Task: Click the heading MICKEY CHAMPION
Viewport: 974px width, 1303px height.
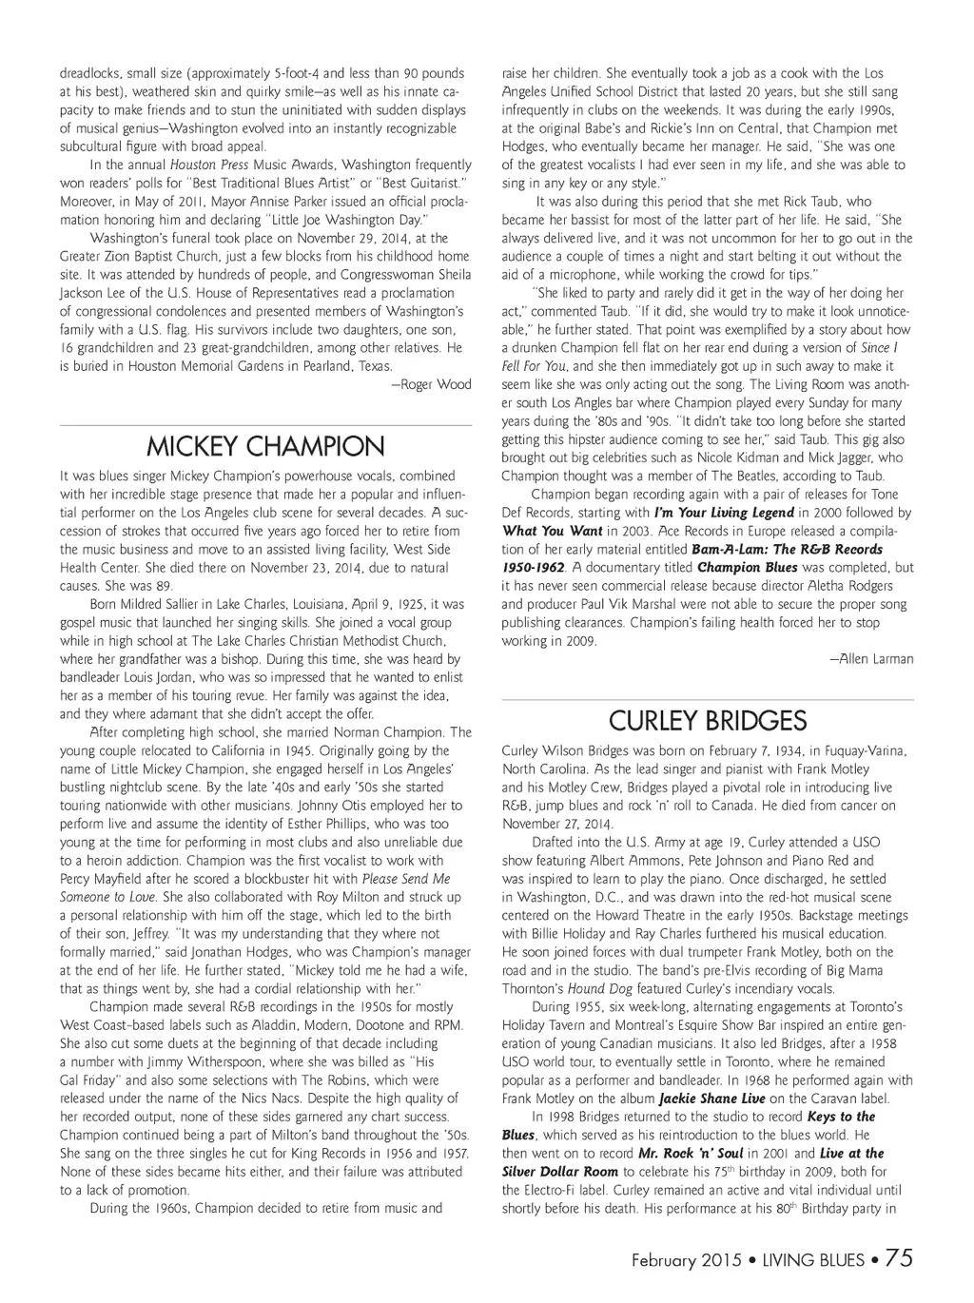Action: pyautogui.click(x=265, y=446)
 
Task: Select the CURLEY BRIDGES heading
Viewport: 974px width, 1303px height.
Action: pyautogui.click(x=708, y=721)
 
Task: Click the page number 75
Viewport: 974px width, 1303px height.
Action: pyautogui.click(x=899, y=1258)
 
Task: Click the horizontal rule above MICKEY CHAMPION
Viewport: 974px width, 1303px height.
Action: pyautogui.click(x=265, y=424)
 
